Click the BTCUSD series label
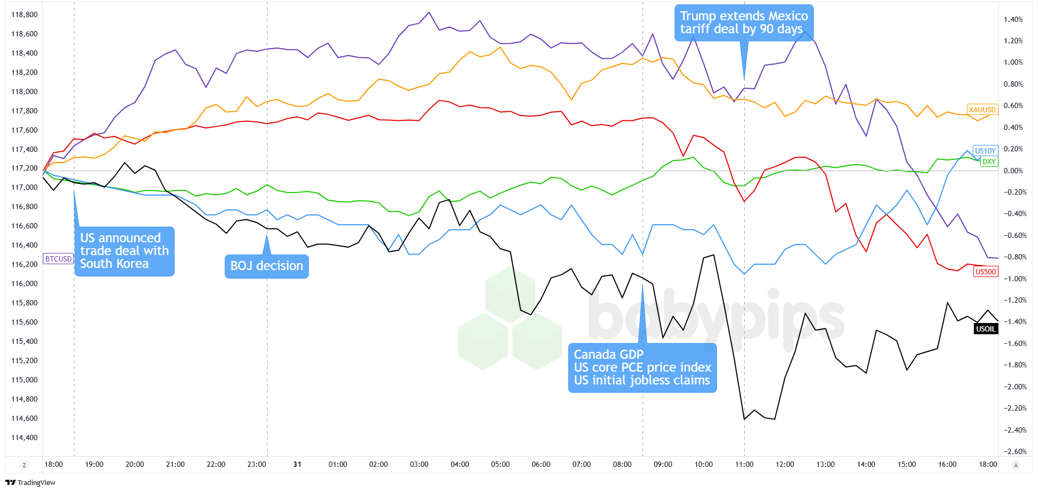pyautogui.click(x=58, y=259)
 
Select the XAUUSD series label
pyautogui.click(x=982, y=110)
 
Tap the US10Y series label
pyautogui.click(x=985, y=151)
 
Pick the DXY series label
pyautogui.click(x=989, y=162)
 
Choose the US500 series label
pyautogui.click(x=986, y=272)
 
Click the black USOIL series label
pyautogui.click(x=986, y=329)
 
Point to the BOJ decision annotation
pyautogui.click(x=266, y=266)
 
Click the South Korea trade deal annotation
pyautogui.click(x=124, y=251)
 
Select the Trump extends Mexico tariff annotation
pyautogui.click(x=744, y=22)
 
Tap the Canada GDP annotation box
pyautogui.click(x=642, y=367)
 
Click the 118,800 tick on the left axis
pyautogui.click(x=25, y=14)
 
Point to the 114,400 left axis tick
pyautogui.click(x=25, y=437)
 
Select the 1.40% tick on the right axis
pyautogui.click(x=1013, y=19)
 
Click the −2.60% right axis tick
pyautogui.click(x=1013, y=451)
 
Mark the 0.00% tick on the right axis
pyautogui.click(x=1013, y=171)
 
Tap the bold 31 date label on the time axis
pyautogui.click(x=297, y=464)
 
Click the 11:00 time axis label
pyautogui.click(x=744, y=464)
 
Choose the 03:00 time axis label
pyautogui.click(x=419, y=464)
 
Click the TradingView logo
pyautogui.click(x=30, y=482)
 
